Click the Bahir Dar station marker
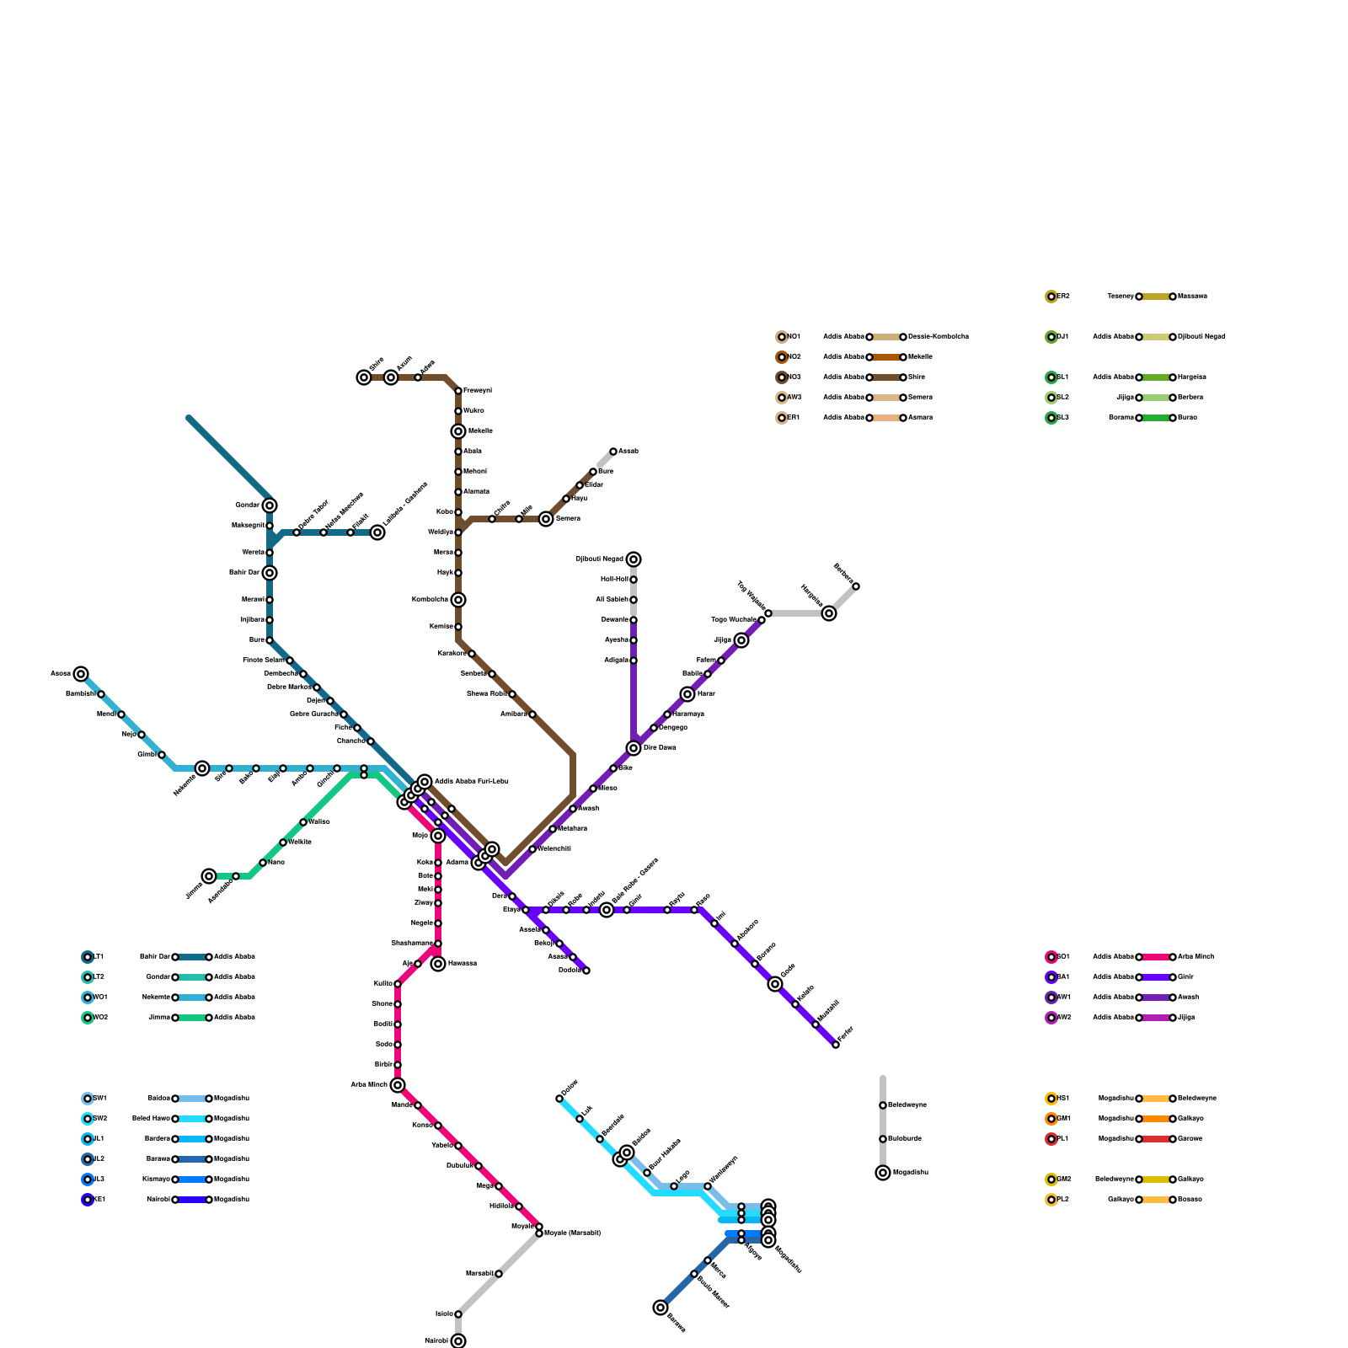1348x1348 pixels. (x=269, y=573)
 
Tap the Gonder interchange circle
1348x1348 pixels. (x=269, y=505)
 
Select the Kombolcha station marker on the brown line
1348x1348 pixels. (x=457, y=600)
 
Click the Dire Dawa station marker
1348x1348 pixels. (x=634, y=748)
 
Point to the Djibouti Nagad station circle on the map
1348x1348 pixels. (x=634, y=559)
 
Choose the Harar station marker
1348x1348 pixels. (x=687, y=694)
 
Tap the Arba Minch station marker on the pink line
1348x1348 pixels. (x=398, y=1085)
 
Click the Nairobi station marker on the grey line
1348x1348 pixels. (x=458, y=1340)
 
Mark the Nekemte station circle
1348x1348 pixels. (x=202, y=768)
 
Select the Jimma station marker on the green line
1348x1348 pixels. (x=209, y=876)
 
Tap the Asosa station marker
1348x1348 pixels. (x=81, y=674)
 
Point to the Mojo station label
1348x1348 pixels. (x=420, y=836)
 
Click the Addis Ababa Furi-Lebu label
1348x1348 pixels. (x=472, y=782)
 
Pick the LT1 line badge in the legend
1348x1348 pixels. (x=88, y=957)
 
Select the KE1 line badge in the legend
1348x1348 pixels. (x=88, y=1200)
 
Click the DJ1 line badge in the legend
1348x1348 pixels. (x=1051, y=337)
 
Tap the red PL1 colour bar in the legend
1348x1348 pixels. (x=1156, y=1139)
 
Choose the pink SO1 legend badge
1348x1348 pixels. (x=1051, y=957)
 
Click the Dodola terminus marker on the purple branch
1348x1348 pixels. (x=586, y=971)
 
